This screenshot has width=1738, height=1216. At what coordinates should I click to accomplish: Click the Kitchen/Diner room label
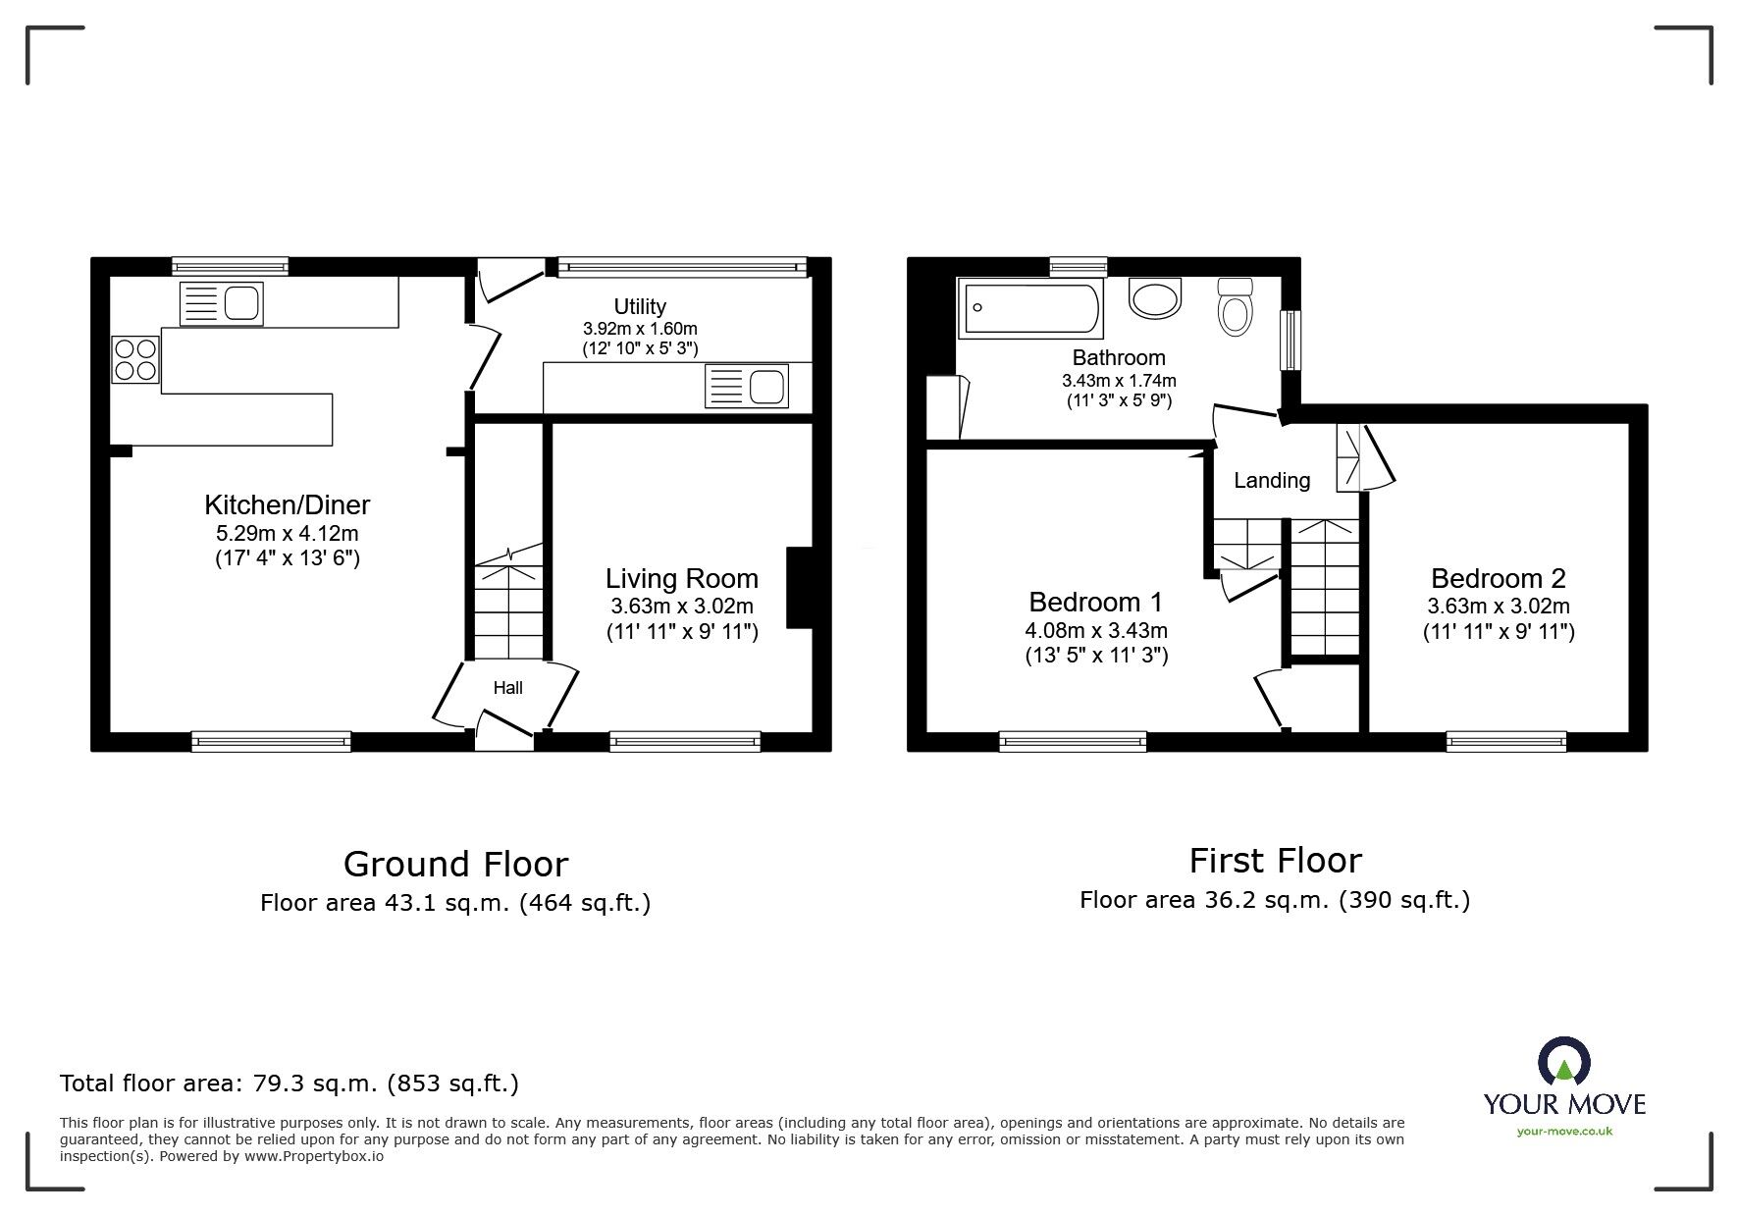click(287, 505)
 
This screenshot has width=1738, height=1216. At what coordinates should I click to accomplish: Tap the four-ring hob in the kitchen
click(136, 358)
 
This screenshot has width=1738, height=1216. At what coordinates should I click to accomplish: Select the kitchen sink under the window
click(221, 303)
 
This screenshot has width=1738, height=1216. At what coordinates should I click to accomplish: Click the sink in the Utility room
click(747, 387)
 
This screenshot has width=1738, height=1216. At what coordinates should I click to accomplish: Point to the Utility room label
click(640, 306)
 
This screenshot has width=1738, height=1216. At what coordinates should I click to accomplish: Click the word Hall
click(507, 688)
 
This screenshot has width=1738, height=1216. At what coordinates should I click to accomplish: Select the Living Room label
click(682, 579)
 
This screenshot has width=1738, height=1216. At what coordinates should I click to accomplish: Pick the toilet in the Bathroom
click(1235, 306)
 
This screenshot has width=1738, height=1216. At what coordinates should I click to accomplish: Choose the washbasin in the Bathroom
click(1157, 298)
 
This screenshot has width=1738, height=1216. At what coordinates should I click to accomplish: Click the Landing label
click(1272, 481)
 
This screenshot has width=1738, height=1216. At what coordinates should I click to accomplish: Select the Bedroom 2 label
click(1499, 578)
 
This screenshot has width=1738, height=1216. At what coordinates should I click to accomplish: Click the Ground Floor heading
click(455, 865)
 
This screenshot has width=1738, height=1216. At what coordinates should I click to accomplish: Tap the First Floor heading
click(1275, 861)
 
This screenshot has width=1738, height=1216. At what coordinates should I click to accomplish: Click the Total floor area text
click(290, 1084)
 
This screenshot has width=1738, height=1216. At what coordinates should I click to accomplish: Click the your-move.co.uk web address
click(1564, 1132)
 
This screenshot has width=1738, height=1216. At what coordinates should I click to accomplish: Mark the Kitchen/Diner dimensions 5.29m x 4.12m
click(288, 535)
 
